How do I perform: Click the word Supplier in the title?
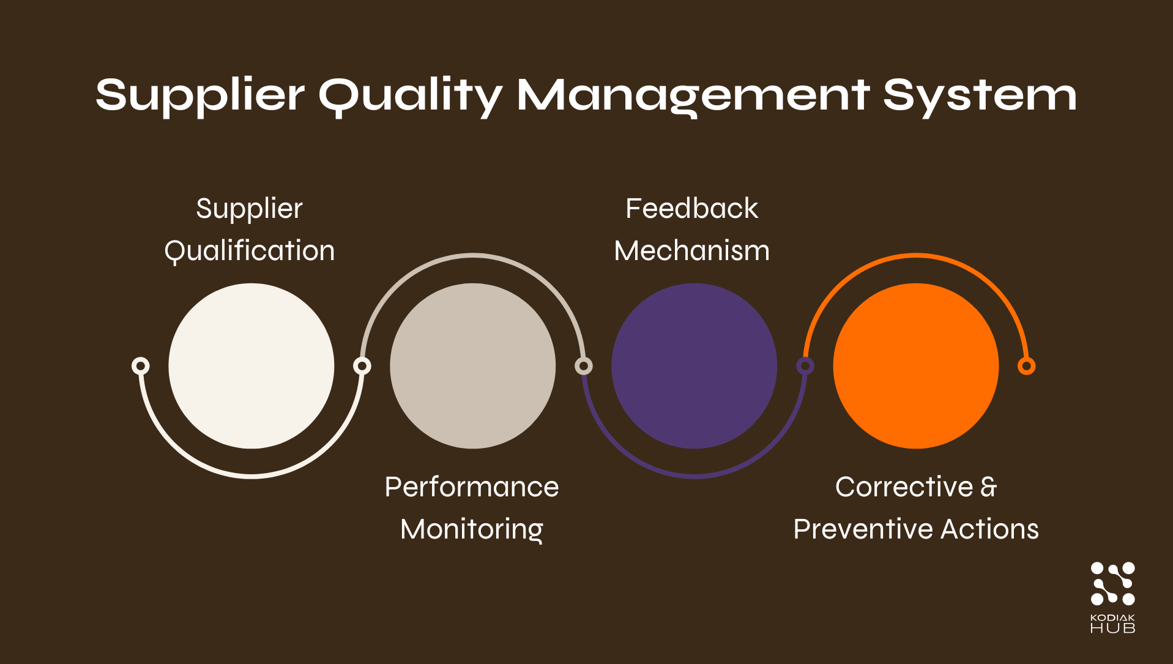click(199, 95)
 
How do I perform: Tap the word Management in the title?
click(693, 95)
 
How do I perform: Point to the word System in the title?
click(980, 95)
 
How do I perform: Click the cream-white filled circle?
click(251, 366)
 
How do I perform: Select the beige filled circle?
click(472, 366)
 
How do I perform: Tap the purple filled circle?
click(694, 366)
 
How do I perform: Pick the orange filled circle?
click(915, 366)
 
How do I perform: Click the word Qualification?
click(250, 251)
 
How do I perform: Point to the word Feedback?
click(691, 209)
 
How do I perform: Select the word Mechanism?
click(691, 251)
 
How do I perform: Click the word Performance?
click(472, 487)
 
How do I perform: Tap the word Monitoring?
click(472, 529)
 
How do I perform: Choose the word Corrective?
click(904, 487)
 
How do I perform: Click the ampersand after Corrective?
click(989, 487)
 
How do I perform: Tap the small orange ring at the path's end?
click(1026, 366)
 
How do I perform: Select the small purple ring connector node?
click(805, 366)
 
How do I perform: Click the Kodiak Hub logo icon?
click(1112, 584)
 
